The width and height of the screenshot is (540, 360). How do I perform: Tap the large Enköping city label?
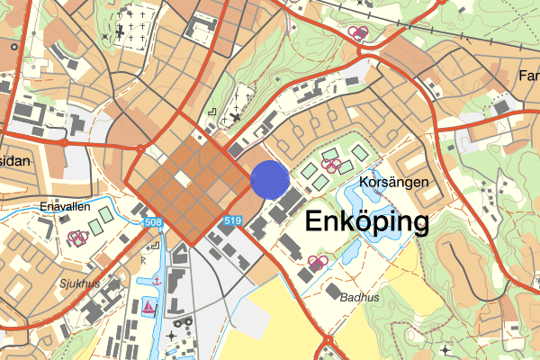click(367, 221)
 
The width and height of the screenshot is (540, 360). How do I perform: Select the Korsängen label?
click(391, 182)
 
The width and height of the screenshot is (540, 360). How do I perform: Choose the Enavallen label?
click(65, 206)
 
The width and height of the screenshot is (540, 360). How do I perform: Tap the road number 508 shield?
click(152, 222)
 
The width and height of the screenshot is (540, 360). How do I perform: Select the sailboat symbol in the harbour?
click(148, 306)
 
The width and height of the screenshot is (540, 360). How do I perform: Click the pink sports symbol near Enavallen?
click(77, 237)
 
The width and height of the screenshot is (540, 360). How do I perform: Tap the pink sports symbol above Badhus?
click(316, 261)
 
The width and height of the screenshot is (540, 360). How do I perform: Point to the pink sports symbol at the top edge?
click(359, 33)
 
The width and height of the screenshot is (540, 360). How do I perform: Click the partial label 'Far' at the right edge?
click(528, 76)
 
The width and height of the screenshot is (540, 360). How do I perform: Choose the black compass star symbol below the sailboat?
click(171, 336)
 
